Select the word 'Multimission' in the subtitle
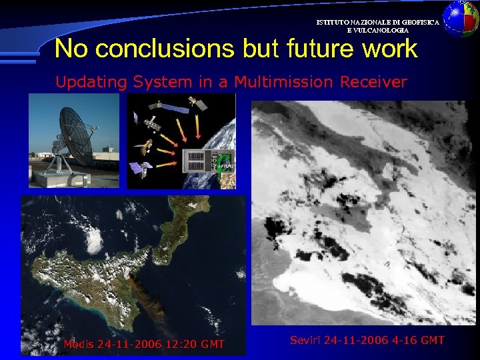[283, 82]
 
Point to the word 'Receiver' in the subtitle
[373, 82]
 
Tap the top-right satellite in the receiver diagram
[196, 102]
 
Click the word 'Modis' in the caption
[79, 345]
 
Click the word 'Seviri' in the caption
[305, 340]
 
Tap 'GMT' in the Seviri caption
[431, 340]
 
